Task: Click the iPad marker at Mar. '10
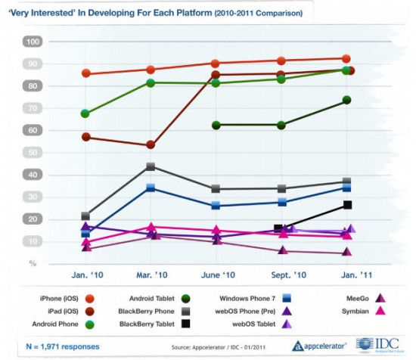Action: click(151, 144)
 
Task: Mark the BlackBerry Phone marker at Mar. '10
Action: click(151, 166)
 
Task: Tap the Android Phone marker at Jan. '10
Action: click(85, 113)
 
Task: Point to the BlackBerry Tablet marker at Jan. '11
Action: click(347, 205)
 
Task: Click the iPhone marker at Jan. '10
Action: click(86, 73)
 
